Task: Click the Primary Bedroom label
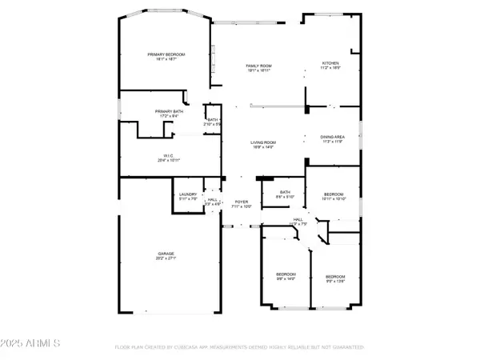click(x=161, y=54)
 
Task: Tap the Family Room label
click(x=258, y=65)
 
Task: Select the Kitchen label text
click(x=331, y=62)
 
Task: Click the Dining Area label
click(x=332, y=136)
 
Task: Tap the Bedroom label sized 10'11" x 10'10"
click(x=334, y=194)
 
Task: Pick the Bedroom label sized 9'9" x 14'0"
click(x=286, y=274)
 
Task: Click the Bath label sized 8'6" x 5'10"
click(x=285, y=192)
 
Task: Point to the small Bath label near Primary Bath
click(x=213, y=119)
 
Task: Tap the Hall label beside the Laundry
click(x=211, y=200)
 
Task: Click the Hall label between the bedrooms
click(x=297, y=218)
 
